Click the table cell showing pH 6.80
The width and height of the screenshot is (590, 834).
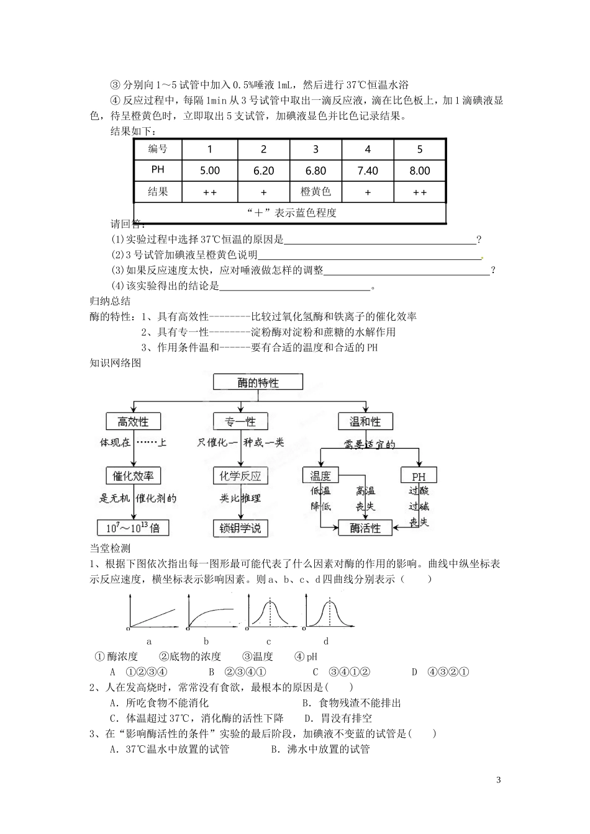(315, 171)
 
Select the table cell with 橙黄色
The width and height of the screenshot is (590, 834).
(315, 192)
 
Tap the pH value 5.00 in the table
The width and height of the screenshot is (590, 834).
(210, 171)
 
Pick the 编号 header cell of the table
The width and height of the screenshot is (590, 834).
(158, 149)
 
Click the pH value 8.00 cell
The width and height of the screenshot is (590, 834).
(420, 171)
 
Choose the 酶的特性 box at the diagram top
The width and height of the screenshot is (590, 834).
(258, 382)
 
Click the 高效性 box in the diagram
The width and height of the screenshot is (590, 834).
(133, 421)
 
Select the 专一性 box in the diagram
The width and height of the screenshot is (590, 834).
(240, 421)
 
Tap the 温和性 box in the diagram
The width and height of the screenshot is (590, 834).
(365, 421)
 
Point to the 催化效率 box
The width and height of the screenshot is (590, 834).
(133, 476)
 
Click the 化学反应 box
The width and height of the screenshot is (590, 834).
(240, 476)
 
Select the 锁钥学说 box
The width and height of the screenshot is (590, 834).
(240, 528)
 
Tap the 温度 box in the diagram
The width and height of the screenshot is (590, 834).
(320, 476)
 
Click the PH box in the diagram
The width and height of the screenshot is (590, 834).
(419, 477)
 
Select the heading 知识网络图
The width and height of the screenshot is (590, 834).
(116, 363)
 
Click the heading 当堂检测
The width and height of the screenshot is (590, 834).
(110, 548)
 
